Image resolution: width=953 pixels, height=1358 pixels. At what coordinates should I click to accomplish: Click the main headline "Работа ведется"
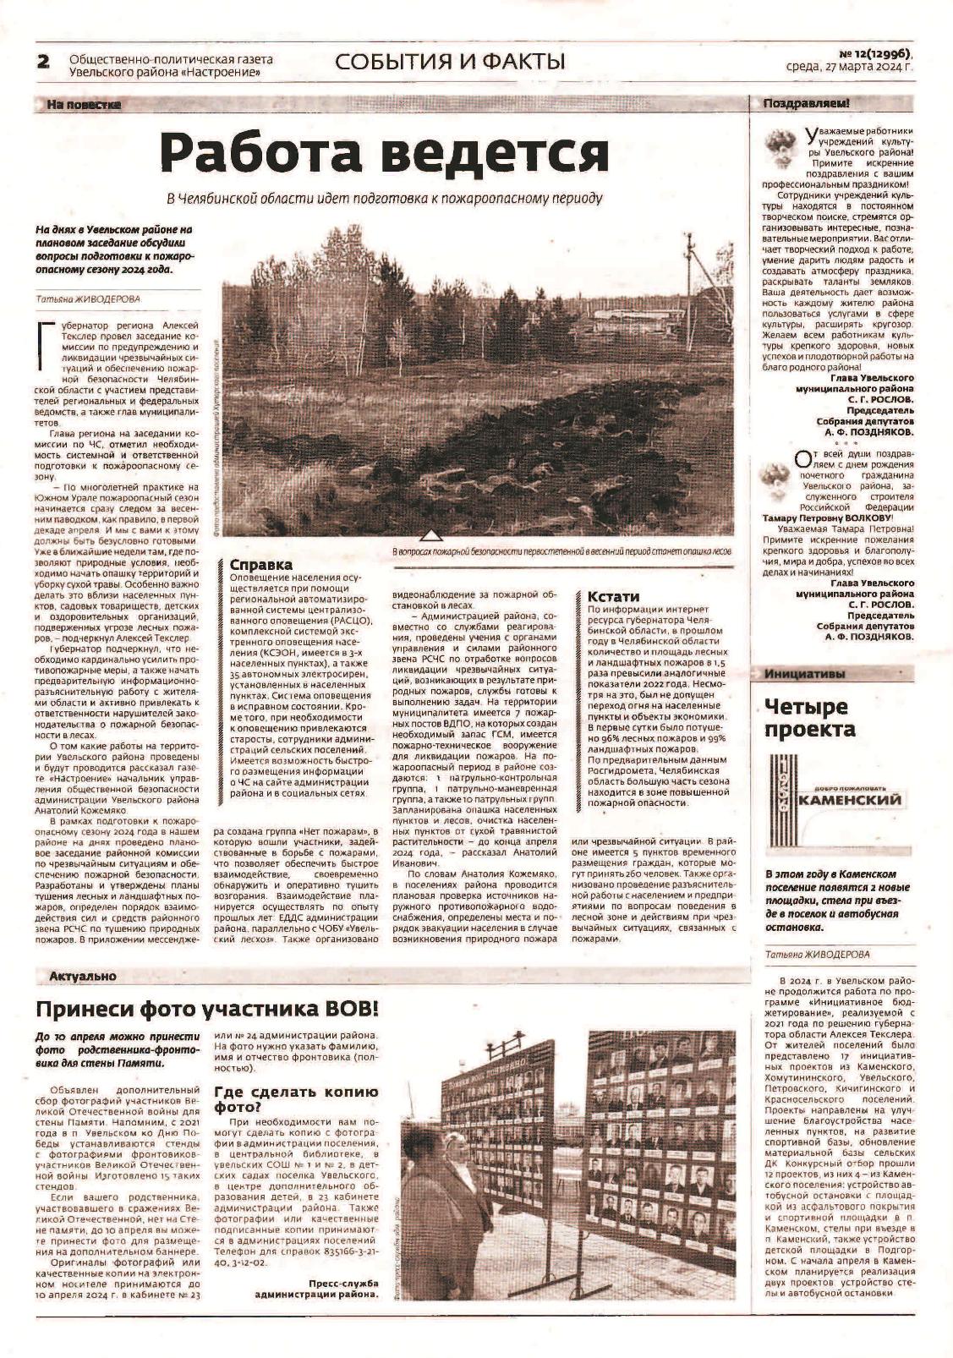coord(386,152)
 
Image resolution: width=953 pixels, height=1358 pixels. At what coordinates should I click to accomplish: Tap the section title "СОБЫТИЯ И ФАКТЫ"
coord(449,62)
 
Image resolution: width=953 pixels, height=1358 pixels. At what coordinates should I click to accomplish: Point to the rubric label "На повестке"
coord(84,105)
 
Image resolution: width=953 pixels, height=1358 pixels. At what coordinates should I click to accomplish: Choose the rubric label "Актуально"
coord(83,976)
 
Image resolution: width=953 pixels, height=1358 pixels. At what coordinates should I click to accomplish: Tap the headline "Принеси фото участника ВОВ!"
coord(207,1009)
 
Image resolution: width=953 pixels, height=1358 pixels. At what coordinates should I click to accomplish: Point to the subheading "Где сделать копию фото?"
coord(295,1098)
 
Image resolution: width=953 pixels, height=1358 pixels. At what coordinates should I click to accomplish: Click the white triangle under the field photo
coord(430,534)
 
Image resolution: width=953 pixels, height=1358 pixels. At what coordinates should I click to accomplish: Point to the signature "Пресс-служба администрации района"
coord(316,1288)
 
